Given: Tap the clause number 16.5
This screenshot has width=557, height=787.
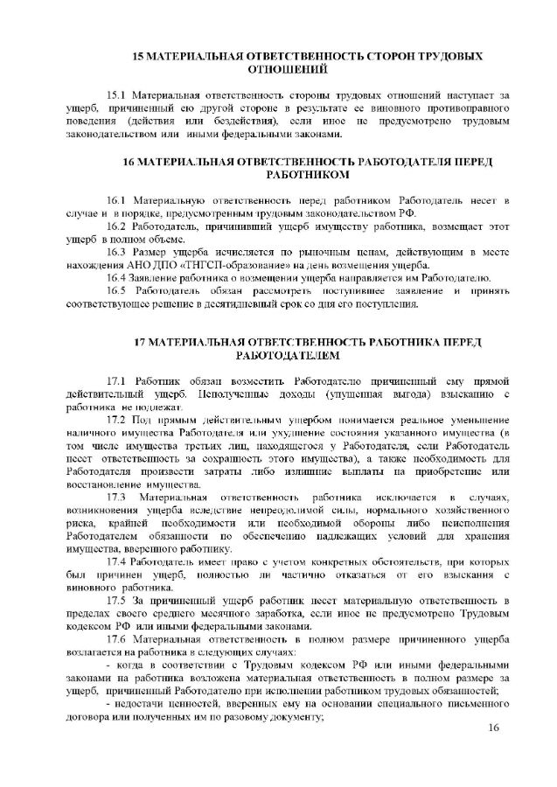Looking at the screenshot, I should (116, 291).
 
